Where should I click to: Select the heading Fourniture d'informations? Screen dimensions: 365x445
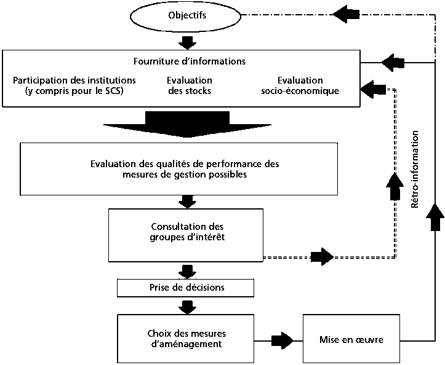click(x=190, y=61)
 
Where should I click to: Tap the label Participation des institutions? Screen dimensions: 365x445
click(x=74, y=80)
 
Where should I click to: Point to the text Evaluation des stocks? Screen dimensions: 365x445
click(x=190, y=85)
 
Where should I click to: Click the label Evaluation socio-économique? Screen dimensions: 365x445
click(x=300, y=85)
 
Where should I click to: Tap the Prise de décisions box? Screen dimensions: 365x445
click(x=185, y=287)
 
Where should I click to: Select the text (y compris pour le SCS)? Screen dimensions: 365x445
click(x=74, y=91)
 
